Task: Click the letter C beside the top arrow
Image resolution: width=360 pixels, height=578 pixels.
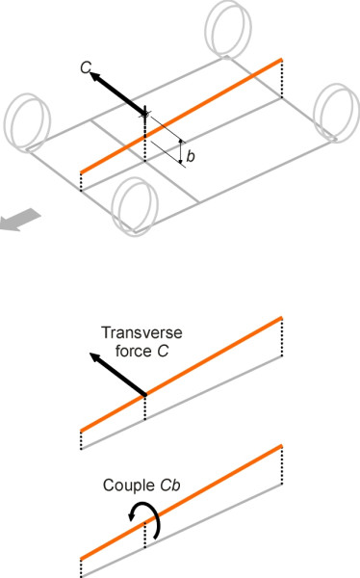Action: click(86, 66)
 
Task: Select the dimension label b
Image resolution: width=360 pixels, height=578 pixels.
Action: click(191, 156)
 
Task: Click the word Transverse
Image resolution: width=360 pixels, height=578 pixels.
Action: click(134, 334)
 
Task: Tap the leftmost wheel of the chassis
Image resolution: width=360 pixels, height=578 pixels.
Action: click(24, 117)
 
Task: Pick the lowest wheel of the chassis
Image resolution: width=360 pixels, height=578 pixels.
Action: click(134, 204)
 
